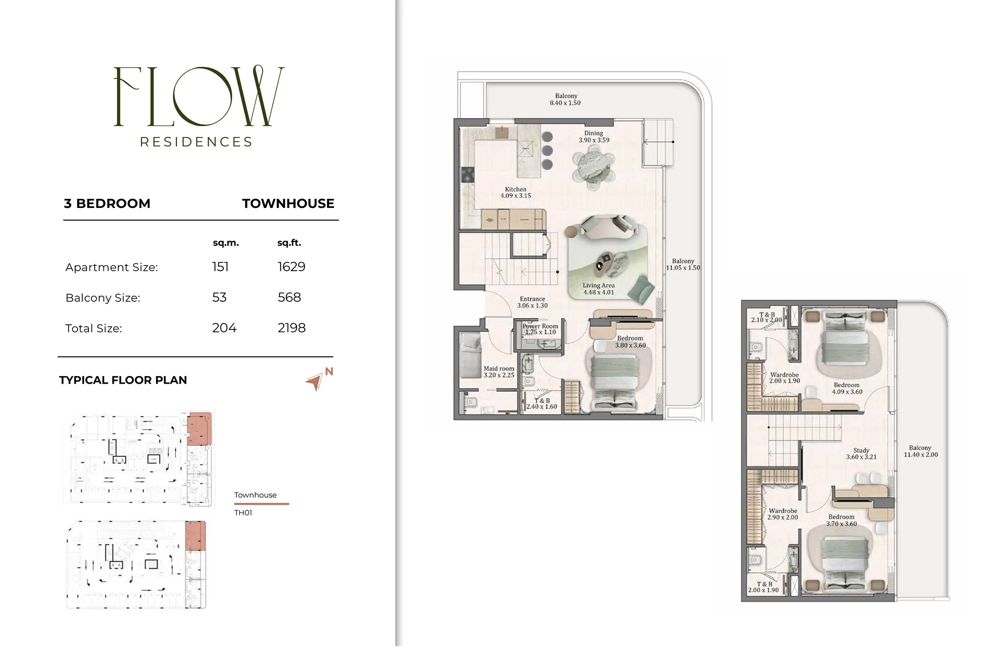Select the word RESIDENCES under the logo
pyautogui.click(x=196, y=142)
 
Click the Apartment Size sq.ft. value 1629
pyautogui.click(x=291, y=267)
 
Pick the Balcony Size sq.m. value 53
pyautogui.click(x=219, y=297)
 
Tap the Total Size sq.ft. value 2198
pyautogui.click(x=291, y=328)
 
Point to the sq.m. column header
pyautogui.click(x=226, y=243)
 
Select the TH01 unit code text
pyautogui.click(x=243, y=513)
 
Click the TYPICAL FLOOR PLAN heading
pyautogui.click(x=123, y=380)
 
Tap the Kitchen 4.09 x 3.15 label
pyautogui.click(x=515, y=193)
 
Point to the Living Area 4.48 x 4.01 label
pyautogui.click(x=599, y=289)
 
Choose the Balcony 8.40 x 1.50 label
pyautogui.click(x=565, y=100)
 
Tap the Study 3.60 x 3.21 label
pyautogui.click(x=861, y=454)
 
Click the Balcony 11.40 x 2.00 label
pyautogui.click(x=921, y=451)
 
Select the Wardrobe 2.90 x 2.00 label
pyautogui.click(x=783, y=514)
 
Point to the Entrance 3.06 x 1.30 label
pyautogui.click(x=532, y=302)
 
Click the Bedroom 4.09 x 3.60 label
pyautogui.click(x=847, y=389)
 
